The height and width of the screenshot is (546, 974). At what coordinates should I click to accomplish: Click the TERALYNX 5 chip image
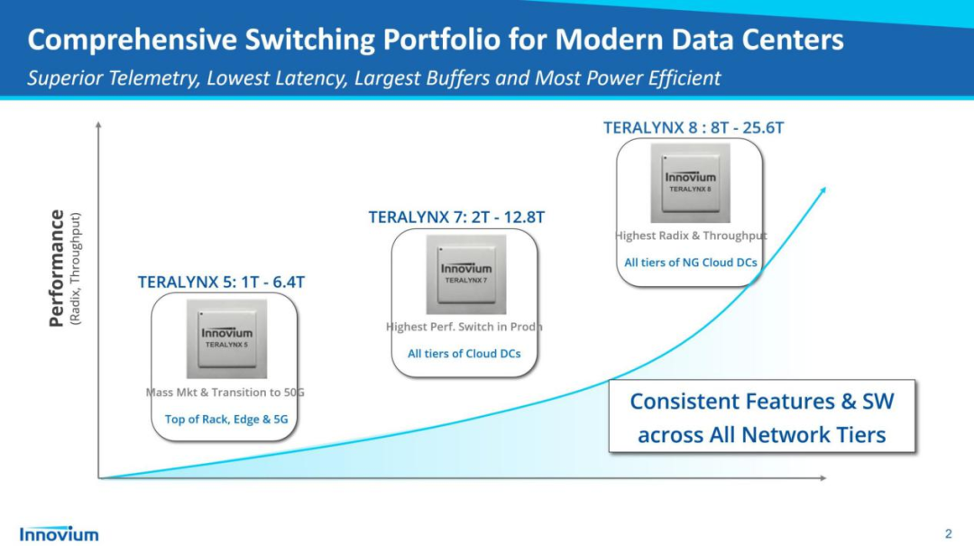227,338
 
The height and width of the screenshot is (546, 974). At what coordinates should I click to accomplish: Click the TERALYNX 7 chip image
466,274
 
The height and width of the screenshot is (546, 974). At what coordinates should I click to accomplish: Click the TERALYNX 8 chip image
691,183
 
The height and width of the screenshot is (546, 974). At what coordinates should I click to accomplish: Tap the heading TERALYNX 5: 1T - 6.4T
221,282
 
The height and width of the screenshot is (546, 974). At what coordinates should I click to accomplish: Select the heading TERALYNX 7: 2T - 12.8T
456,217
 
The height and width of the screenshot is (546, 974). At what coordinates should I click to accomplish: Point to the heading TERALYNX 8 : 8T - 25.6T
694,128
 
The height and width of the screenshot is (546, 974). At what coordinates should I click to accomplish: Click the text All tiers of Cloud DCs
464,354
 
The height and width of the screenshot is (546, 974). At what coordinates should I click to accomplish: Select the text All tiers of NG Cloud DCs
691,263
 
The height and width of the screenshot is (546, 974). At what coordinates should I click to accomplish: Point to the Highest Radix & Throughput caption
691,236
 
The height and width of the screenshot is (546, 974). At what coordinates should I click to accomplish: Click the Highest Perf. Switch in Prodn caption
464,327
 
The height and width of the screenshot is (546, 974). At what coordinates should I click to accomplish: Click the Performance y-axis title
57,268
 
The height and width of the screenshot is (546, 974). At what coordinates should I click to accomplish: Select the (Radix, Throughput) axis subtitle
76,268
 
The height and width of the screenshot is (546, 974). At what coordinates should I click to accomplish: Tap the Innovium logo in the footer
60,533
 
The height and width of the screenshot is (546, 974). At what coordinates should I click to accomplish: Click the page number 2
948,533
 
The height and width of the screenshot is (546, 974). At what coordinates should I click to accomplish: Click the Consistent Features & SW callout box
762,418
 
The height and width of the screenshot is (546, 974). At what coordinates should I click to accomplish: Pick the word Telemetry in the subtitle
151,78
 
